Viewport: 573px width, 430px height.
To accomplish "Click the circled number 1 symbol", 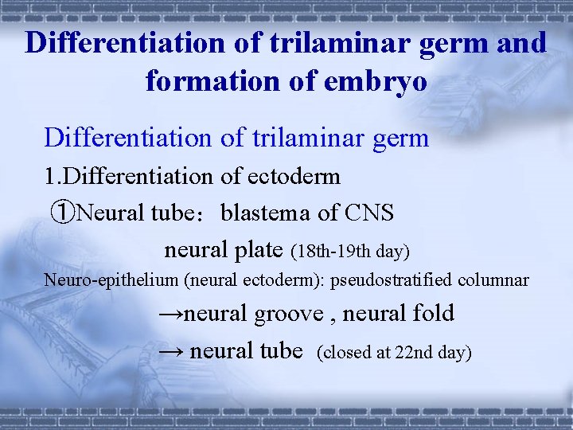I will [x=62, y=213].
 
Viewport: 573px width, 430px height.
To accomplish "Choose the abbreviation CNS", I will [x=369, y=213].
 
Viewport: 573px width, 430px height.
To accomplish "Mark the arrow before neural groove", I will [x=170, y=314].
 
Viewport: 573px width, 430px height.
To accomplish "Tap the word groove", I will [x=290, y=314].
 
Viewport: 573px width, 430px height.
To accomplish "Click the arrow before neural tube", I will [x=172, y=350].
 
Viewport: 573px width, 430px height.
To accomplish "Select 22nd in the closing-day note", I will [x=411, y=352].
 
